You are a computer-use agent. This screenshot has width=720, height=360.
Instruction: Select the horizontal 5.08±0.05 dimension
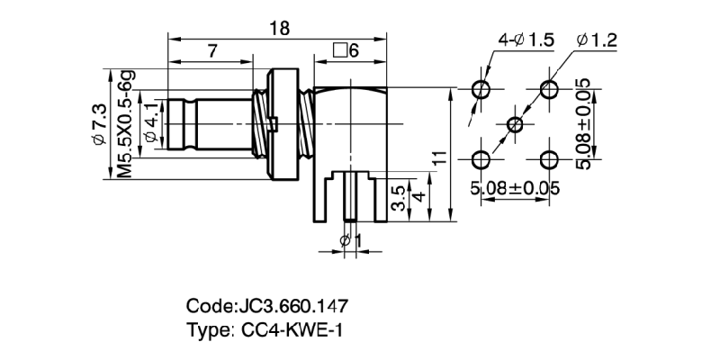pos(515,188)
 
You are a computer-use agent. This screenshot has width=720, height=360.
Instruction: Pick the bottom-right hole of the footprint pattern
pos(549,158)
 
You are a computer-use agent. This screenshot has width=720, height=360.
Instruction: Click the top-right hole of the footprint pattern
pos(549,89)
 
